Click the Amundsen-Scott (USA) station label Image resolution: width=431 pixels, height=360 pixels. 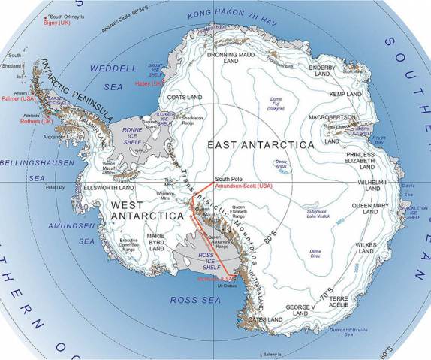coord(233,184)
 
